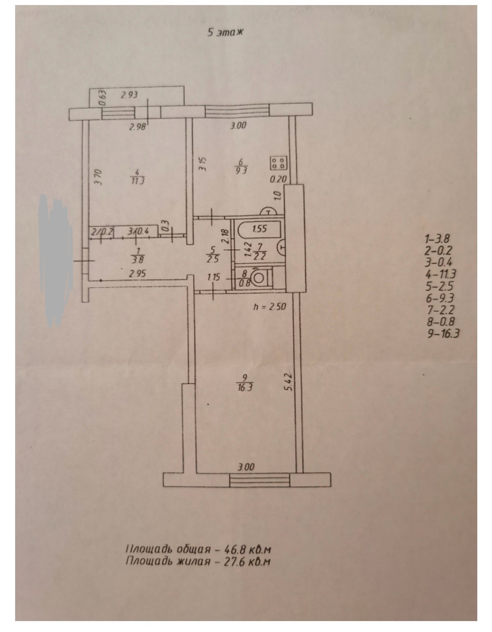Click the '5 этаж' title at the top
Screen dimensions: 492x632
[225, 32]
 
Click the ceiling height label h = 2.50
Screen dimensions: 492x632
[269, 307]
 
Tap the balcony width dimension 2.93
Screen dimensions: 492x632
[130, 96]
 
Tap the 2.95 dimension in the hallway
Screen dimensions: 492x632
[138, 274]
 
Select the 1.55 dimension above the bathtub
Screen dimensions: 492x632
[260, 229]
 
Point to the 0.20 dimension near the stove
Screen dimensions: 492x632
[278, 179]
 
